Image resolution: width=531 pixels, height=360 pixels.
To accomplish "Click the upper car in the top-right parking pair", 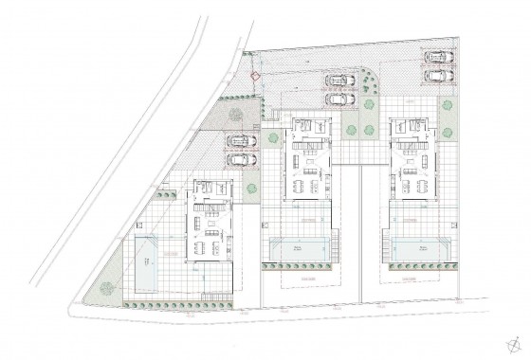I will click(x=437, y=55).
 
